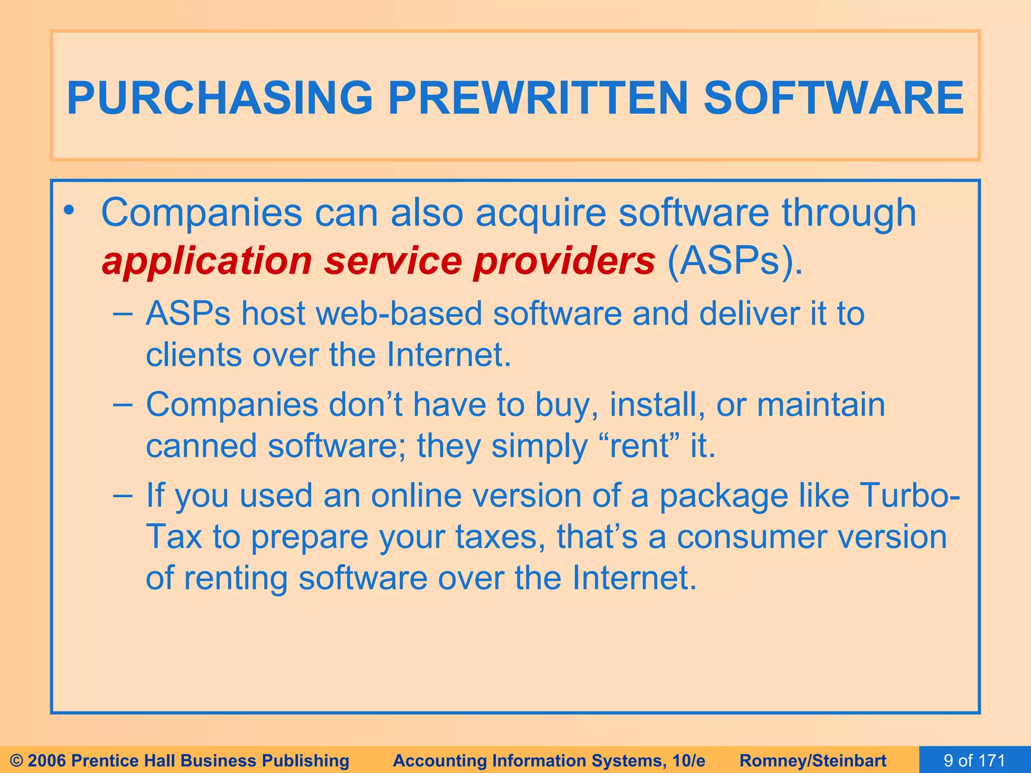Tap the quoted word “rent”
[x=637, y=446]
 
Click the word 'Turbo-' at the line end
[x=909, y=496]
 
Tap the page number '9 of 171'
[x=974, y=760]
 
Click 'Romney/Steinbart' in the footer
[x=813, y=760]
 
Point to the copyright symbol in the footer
[x=16, y=760]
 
